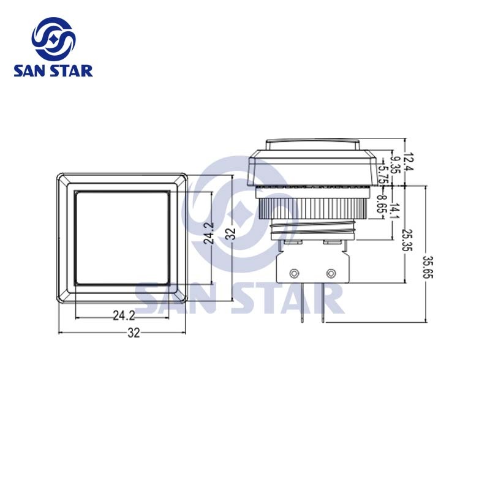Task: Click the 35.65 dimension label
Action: point(428,266)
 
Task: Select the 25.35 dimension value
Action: point(407,239)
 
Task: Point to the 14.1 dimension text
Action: point(396,211)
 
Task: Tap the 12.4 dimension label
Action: point(409,161)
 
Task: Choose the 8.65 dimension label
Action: point(381,203)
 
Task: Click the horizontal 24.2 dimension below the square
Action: point(124,315)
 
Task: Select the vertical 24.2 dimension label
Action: point(208,233)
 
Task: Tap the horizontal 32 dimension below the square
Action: point(134,333)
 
